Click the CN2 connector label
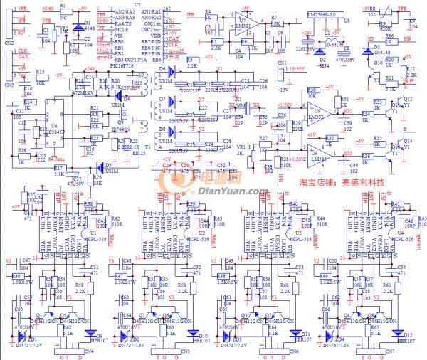[x=9, y=43]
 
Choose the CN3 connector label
[x=9, y=84]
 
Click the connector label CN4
[x=88, y=351]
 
